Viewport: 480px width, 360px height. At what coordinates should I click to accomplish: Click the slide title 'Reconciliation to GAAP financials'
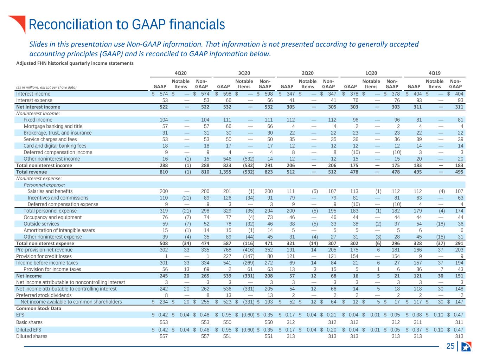pos(127,24)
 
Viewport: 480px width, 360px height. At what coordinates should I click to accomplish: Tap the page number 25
pos(450,346)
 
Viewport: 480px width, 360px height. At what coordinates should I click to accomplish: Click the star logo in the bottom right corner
pos(466,346)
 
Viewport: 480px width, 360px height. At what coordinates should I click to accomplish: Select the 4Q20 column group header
pos(181,73)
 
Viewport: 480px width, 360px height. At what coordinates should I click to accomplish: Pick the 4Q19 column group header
pos(435,73)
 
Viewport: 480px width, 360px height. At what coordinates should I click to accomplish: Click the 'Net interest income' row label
pos(38,107)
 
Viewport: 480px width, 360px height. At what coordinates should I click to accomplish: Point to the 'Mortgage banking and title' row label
pos(53,126)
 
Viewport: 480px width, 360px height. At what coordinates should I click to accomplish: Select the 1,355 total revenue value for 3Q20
pos(225,172)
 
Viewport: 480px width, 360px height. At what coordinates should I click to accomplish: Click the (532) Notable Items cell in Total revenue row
pos(249,172)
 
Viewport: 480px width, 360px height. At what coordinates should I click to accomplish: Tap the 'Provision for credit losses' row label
pos(44,256)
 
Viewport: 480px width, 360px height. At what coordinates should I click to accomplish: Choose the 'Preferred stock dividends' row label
pos(44,295)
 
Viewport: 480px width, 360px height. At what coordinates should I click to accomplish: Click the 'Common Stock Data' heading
pos(38,308)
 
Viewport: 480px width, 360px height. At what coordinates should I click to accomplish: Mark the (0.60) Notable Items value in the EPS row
pos(248,315)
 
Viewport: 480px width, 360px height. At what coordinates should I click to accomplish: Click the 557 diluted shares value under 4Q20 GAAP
pos(164,336)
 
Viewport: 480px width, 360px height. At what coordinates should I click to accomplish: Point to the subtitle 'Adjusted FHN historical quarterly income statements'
pos(75,63)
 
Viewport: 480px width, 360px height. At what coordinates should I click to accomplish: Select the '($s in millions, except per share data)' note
pos(46,87)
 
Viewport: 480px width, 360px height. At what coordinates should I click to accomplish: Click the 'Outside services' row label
pos(41,224)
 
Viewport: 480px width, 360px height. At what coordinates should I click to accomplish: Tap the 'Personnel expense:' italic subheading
pos(44,185)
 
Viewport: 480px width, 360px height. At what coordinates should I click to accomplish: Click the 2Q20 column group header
pos(307,73)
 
